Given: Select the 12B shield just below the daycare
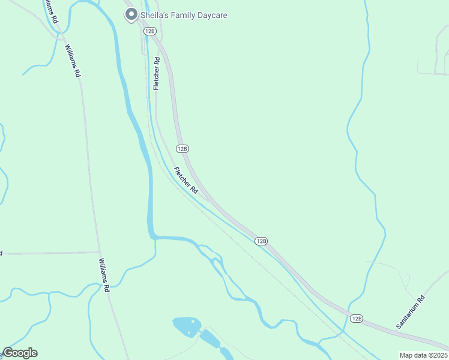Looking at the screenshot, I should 150,31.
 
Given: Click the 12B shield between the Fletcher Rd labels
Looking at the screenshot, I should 182,148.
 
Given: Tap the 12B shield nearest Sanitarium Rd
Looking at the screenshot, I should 357,319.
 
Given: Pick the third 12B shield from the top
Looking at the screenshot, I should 261,241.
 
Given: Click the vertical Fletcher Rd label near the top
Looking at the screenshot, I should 157,74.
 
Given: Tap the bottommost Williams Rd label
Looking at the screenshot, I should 104,275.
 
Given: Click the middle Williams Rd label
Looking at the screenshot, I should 73,61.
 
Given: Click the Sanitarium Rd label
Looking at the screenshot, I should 410,311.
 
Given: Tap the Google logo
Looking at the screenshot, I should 20,353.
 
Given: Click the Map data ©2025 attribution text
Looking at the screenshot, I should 423,355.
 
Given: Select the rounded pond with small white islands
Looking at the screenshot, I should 187,326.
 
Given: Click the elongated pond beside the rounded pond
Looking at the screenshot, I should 209,339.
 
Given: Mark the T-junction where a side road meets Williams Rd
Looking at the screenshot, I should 100,253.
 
